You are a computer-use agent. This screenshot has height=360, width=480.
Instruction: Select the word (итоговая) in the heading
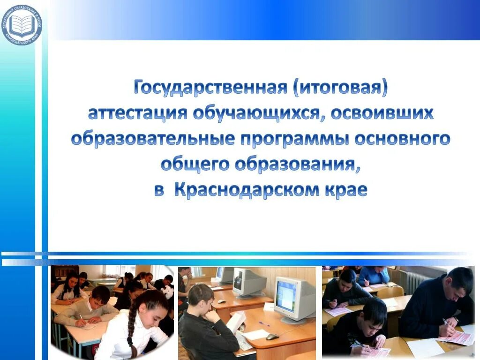pyautogui.click(x=341, y=88)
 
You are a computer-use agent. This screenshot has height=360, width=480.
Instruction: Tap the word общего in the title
pyautogui.click(x=195, y=165)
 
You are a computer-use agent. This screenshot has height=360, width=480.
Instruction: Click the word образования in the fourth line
pyautogui.click(x=298, y=165)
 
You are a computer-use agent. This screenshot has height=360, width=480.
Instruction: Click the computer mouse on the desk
pyautogui.click(x=272, y=337)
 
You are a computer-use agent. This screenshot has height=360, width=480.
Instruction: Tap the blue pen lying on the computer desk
pyautogui.click(x=264, y=323)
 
